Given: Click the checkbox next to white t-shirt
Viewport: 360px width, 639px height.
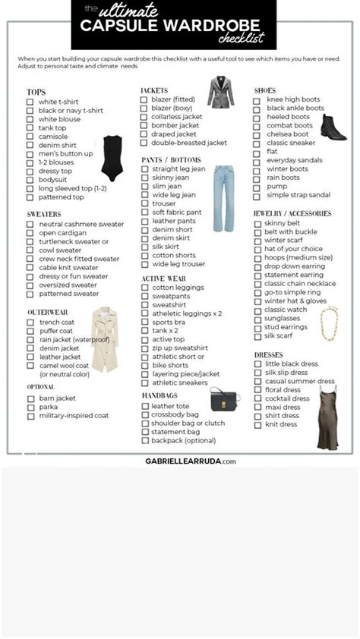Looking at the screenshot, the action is point(30,102).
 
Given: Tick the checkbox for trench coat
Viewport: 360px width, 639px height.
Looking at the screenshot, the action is point(30,323).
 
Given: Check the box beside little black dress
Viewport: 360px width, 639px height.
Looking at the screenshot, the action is point(257,364).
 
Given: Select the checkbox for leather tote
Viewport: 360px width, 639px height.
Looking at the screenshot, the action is point(144,406).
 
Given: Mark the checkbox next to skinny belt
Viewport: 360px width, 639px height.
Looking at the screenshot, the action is point(257,224).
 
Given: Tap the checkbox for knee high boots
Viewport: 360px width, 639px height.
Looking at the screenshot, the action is point(257,99).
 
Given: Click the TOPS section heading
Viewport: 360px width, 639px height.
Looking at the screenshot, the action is point(36,92).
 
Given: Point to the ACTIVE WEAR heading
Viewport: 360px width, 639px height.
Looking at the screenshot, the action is point(163,279).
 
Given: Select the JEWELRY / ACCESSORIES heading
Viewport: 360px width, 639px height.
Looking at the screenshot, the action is point(292,214).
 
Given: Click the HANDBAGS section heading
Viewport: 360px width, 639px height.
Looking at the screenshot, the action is point(159,395).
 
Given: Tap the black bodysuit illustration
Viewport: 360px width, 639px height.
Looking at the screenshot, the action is point(112,158).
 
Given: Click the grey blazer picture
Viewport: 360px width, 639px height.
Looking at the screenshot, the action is point(221,92).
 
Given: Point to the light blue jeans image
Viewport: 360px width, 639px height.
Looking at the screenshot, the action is point(224,199).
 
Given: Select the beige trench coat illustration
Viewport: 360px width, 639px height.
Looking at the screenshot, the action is point(105,338).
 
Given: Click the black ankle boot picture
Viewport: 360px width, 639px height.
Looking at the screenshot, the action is point(332,127).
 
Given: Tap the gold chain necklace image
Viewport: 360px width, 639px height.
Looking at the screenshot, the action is point(329,323).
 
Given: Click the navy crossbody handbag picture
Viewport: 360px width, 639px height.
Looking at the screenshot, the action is point(223,399).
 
